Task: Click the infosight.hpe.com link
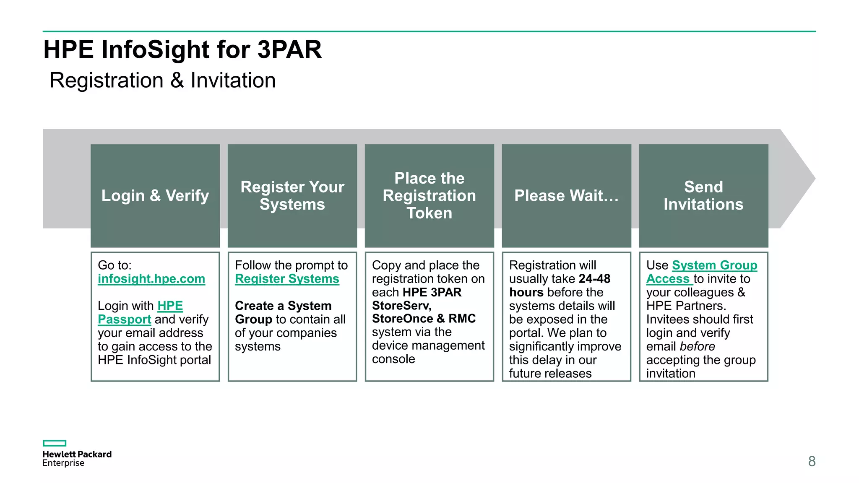[x=151, y=279]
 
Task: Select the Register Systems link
[x=287, y=279]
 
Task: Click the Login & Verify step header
[x=155, y=196]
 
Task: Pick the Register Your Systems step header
[x=292, y=196]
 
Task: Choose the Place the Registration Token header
[x=429, y=196]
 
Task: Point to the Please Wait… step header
[x=566, y=196]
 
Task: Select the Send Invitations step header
[x=703, y=196]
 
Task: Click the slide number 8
[x=812, y=461]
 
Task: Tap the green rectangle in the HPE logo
[x=55, y=443]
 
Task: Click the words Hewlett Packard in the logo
[x=77, y=454]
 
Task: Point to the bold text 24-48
[x=594, y=279]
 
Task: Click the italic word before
[x=697, y=346]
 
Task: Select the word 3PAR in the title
[x=289, y=49]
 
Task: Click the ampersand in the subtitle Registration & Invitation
[x=177, y=80]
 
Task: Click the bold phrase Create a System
[x=283, y=306]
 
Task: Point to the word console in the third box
[x=393, y=359]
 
